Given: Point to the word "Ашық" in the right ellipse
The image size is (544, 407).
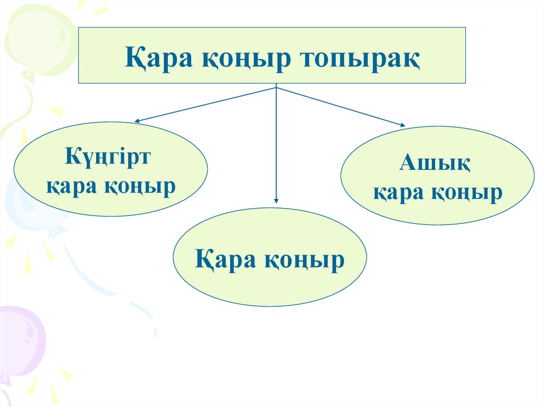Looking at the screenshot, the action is pyautogui.click(x=435, y=163).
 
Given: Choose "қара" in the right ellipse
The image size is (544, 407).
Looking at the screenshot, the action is pyautogui.click(x=397, y=193).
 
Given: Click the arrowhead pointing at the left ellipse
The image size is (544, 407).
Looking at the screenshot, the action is pyautogui.click(x=137, y=122).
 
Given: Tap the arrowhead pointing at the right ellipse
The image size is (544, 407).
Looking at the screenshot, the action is pyautogui.click(x=402, y=125).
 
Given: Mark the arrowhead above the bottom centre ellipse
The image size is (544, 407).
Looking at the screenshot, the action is pyautogui.click(x=276, y=200).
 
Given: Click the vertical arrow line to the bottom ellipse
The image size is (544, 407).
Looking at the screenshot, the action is pyautogui.click(x=276, y=143).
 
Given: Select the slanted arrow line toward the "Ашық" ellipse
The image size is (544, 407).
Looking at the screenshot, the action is pyautogui.click(x=340, y=106).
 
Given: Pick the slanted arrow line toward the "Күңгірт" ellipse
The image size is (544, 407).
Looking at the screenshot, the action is pyautogui.click(x=207, y=105).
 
